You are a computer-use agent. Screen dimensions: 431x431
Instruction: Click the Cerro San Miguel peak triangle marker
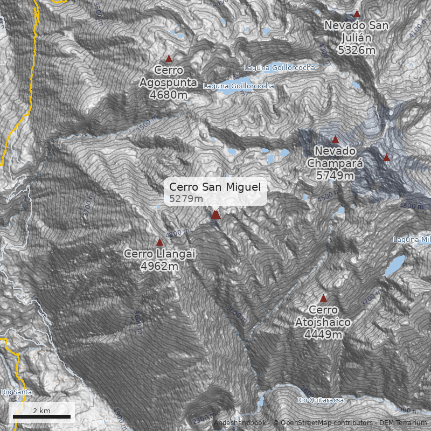pyautogui.click(x=215, y=215)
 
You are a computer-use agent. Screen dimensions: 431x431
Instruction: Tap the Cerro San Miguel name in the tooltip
pyautogui.click(x=215, y=187)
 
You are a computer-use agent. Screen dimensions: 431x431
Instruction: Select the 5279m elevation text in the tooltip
pyautogui.click(x=186, y=199)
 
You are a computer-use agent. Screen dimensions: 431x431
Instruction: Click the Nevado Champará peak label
pyautogui.click(x=335, y=157)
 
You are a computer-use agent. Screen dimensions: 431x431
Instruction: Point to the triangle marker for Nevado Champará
pyautogui.click(x=335, y=139)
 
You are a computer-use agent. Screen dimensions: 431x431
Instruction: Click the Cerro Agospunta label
pyautogui.click(x=169, y=77)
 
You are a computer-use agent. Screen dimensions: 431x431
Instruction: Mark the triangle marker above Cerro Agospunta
pyautogui.click(x=169, y=59)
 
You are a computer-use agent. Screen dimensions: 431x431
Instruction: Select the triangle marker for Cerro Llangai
pyautogui.click(x=159, y=242)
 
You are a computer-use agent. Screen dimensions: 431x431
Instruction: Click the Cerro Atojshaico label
pyautogui.click(x=323, y=316)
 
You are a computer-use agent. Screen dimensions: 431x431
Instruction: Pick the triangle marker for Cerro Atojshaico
pyautogui.click(x=323, y=298)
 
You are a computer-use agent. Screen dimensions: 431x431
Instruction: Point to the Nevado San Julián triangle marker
pyautogui.click(x=357, y=13)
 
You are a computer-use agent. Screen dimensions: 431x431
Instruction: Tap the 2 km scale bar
pyautogui.click(x=41, y=416)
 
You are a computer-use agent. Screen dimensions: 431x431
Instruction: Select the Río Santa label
pyautogui.click(x=16, y=392)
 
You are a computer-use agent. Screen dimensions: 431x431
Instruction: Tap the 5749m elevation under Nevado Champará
pyautogui.click(x=335, y=176)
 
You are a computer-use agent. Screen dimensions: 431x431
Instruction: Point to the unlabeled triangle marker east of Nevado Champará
pyautogui.click(x=386, y=158)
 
